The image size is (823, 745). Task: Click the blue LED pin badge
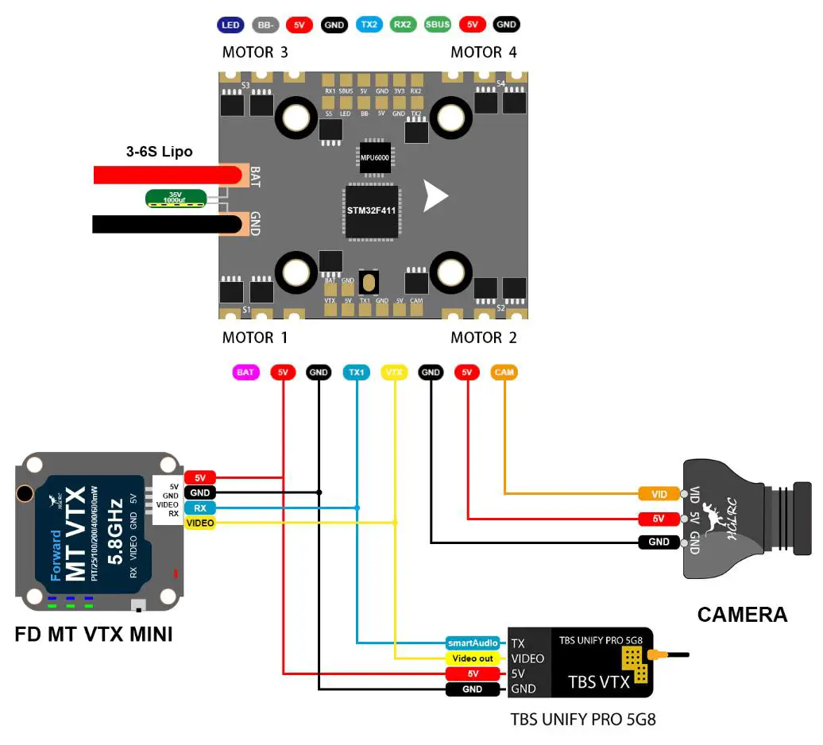pyautogui.click(x=230, y=25)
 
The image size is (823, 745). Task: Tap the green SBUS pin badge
pyautogui.click(x=437, y=25)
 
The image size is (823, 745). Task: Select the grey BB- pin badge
pyautogui.click(x=265, y=25)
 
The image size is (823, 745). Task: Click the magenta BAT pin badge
pyautogui.click(x=246, y=372)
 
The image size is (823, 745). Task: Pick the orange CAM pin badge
pyautogui.click(x=504, y=372)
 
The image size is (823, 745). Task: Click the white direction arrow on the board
pyautogui.click(x=435, y=196)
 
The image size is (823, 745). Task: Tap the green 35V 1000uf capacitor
pyautogui.click(x=176, y=199)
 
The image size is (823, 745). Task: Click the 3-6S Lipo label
pyautogui.click(x=159, y=152)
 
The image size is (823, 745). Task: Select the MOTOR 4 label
pyautogui.click(x=483, y=52)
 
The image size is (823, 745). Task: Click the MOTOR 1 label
pyautogui.click(x=255, y=338)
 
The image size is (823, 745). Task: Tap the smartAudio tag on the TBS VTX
pyautogui.click(x=472, y=643)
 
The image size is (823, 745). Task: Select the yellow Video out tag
pyautogui.click(x=472, y=658)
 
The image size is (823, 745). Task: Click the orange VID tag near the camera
pyautogui.click(x=659, y=494)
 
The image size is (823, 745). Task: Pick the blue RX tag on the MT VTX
pyautogui.click(x=199, y=508)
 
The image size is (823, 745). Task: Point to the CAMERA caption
pyautogui.click(x=742, y=614)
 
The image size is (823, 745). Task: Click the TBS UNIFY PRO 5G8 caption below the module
pyautogui.click(x=583, y=720)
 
